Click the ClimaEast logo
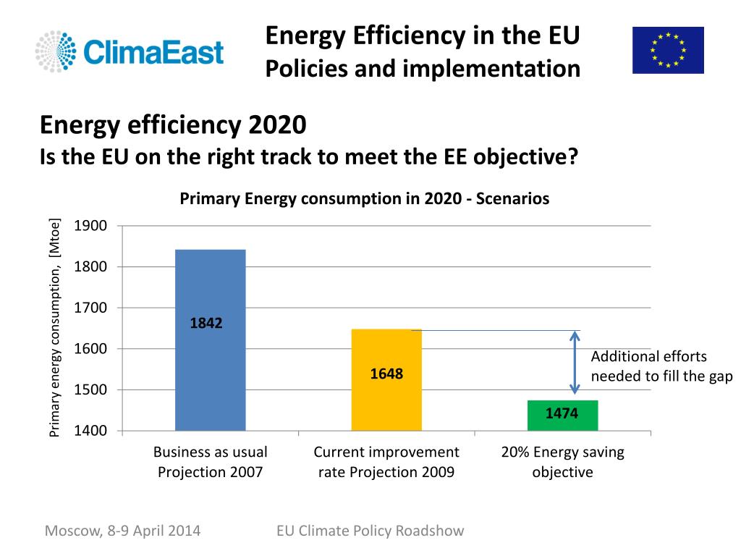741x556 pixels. tap(130, 51)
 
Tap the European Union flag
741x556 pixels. tap(667, 50)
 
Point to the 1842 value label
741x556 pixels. tap(206, 324)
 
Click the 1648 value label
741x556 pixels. tap(386, 374)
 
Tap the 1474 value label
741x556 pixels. tap(562, 413)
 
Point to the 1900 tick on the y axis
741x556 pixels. tap(90, 226)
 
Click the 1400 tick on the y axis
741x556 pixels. tap(90, 431)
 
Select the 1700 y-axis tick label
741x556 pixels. tap(90, 308)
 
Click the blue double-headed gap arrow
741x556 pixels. tap(575, 363)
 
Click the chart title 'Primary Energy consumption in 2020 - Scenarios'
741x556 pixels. tap(364, 198)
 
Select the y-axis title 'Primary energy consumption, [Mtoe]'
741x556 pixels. tap(54, 327)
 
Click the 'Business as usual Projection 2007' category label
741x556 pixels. tap(210, 462)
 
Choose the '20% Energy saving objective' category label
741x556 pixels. tap(562, 462)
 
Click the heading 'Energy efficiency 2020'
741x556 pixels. tap(173, 125)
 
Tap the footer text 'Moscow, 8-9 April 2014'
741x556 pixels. tap(122, 531)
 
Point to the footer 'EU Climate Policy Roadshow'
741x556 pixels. tap(370, 531)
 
